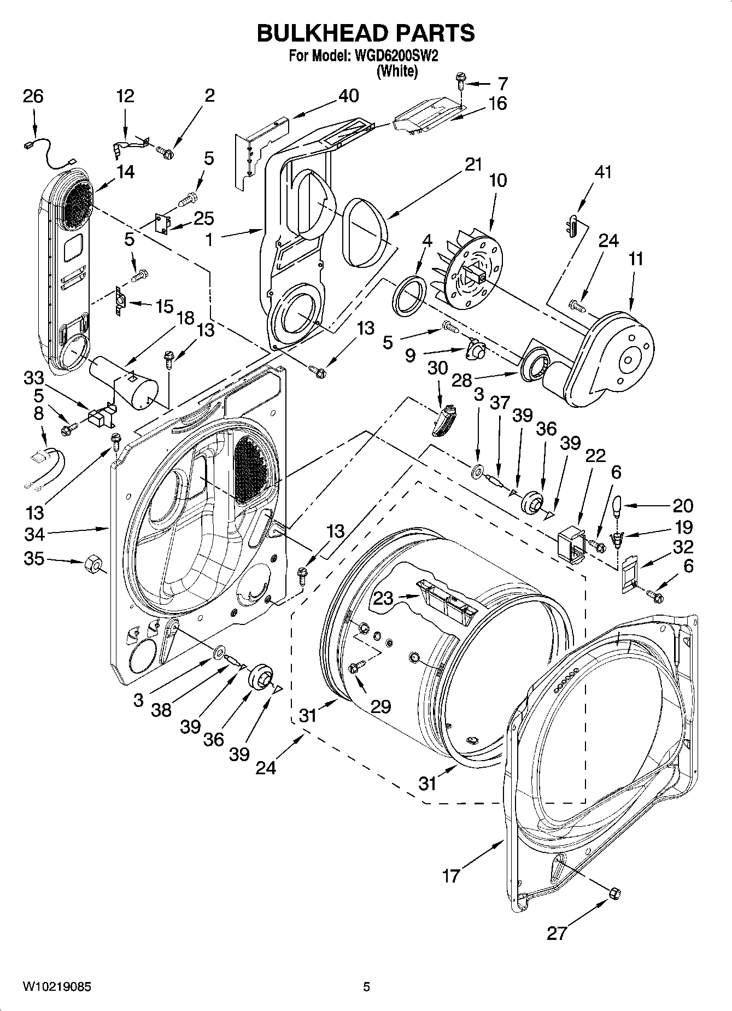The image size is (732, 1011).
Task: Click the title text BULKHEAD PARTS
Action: (366, 33)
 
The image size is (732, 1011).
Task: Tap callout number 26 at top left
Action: (33, 96)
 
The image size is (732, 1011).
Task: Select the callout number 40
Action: (348, 96)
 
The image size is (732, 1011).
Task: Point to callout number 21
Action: (474, 164)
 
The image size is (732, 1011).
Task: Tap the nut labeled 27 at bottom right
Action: (615, 893)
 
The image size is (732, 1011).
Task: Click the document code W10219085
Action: (57, 986)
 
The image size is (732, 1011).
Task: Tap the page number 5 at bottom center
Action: (367, 986)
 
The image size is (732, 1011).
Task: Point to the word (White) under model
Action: (397, 71)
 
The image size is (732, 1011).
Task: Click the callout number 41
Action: (602, 172)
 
